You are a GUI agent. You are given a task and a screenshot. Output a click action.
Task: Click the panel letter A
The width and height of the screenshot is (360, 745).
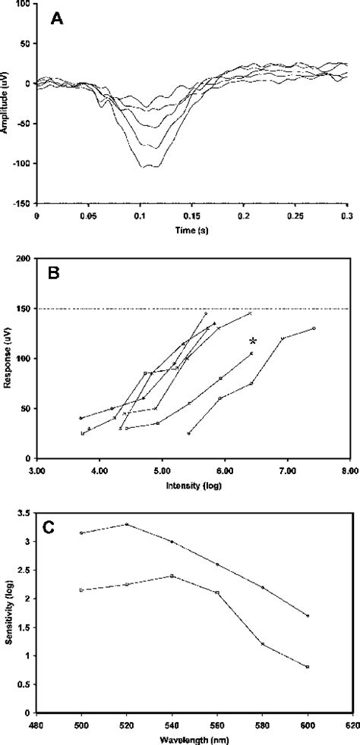56,20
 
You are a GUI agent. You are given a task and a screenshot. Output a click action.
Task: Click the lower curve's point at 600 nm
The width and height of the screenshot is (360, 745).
308,667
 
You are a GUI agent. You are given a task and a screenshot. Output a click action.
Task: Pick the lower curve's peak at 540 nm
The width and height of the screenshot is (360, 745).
172,576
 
